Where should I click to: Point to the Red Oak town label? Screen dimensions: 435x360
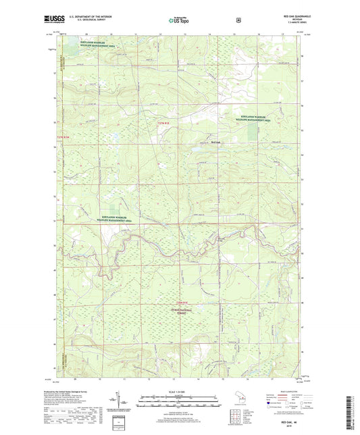point(215,142)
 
